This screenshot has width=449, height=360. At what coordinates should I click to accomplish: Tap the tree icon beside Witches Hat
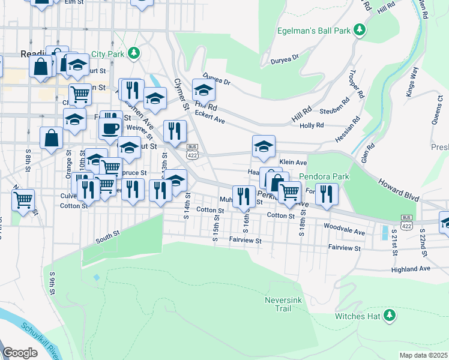pos(390,315)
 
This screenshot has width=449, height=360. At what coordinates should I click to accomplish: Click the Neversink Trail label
pos(279,304)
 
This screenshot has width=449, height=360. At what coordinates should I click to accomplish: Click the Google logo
pos(20,353)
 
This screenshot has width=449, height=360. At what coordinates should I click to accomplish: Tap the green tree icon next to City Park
pos(135,53)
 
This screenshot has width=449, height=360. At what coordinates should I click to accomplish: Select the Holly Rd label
pos(312,125)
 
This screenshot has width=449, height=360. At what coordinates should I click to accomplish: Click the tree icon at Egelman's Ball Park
pos(359,29)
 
